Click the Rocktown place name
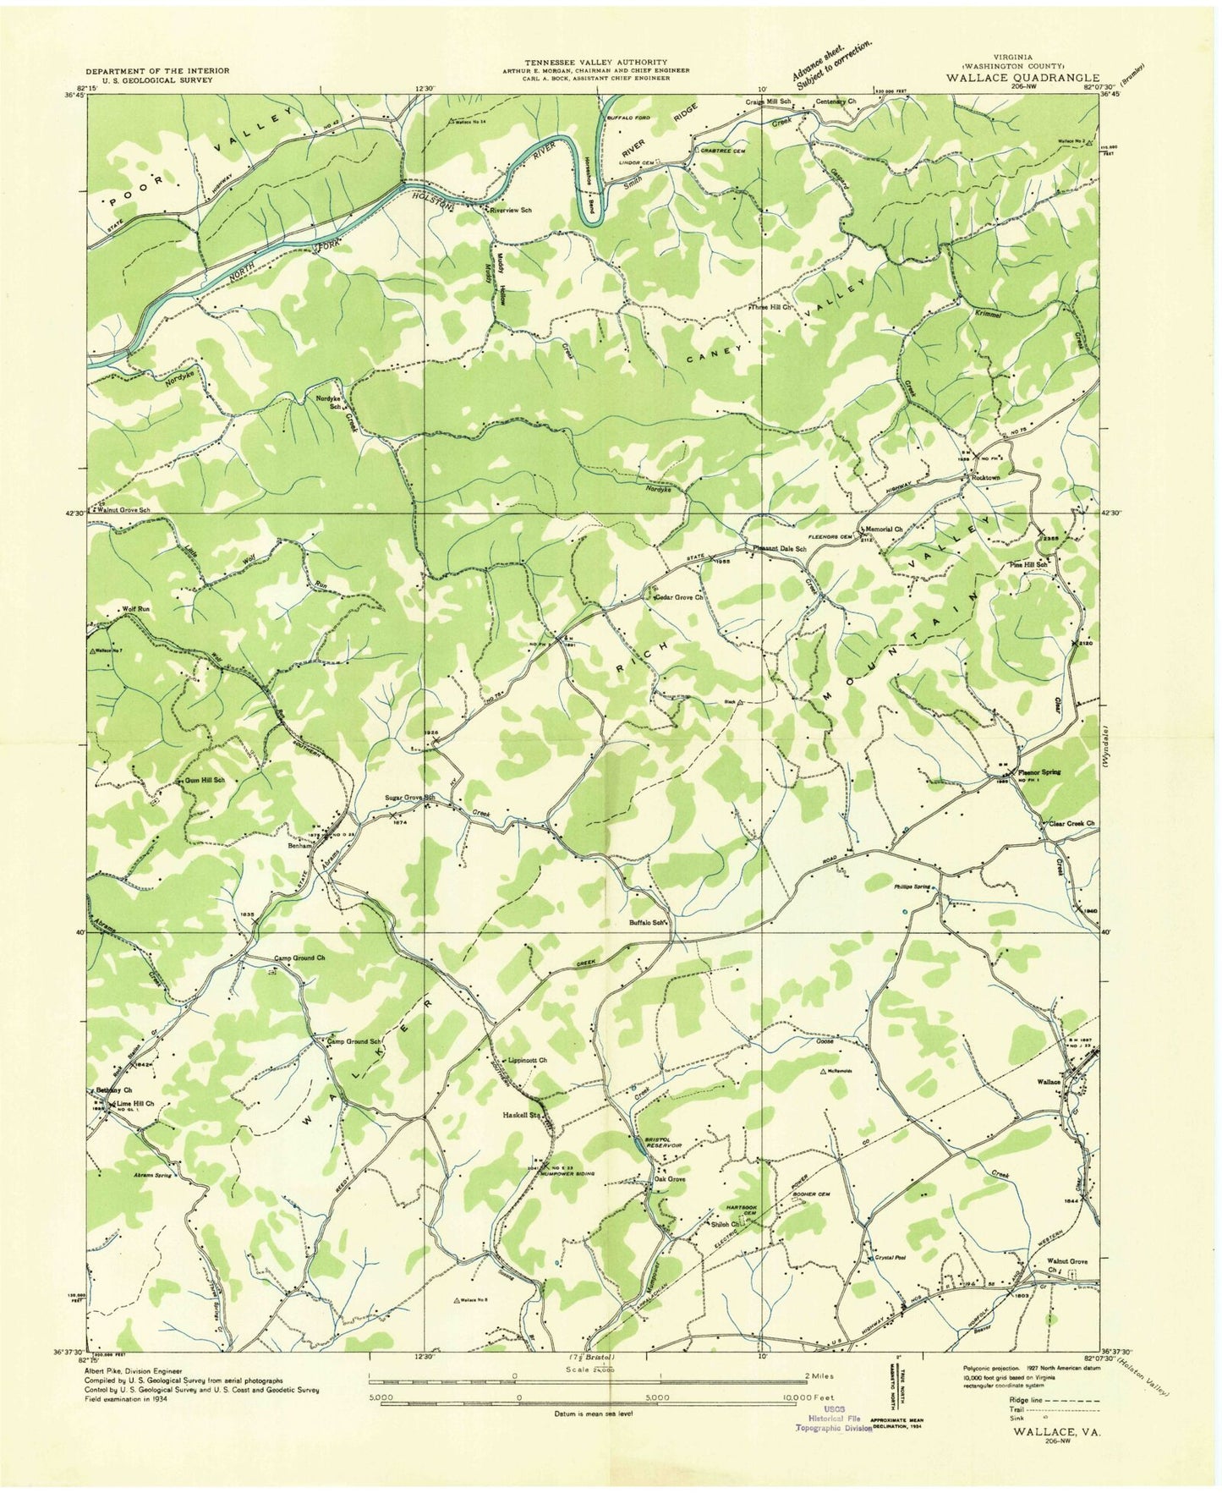pos(986,478)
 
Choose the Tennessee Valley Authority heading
pos(596,63)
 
